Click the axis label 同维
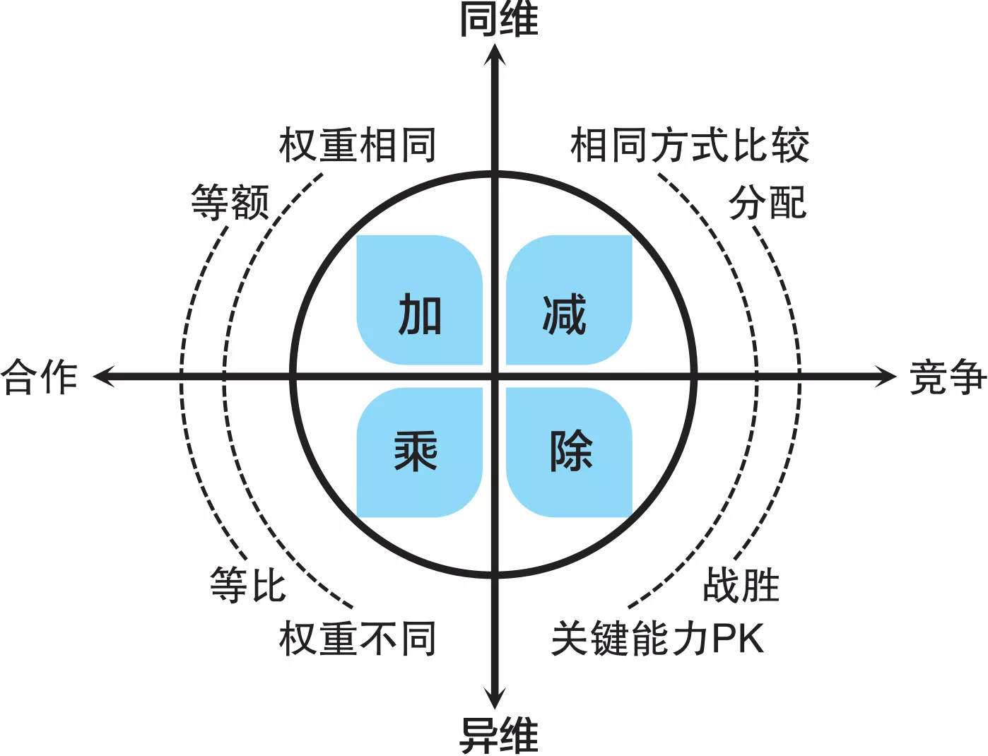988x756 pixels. coord(498,19)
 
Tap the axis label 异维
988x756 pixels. coord(498,735)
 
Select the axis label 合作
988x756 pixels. coord(40,377)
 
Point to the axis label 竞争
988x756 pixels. coord(947,377)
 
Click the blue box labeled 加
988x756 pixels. coord(420,300)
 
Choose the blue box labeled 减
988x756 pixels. coord(569,300)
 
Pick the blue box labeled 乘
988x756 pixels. coord(420,452)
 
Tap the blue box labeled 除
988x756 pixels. coord(569,452)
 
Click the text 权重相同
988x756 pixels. coord(358,146)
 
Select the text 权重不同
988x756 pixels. coord(358,639)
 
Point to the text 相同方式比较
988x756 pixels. coord(690,146)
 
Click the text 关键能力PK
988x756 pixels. coord(658,639)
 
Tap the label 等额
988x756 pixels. coord(230,202)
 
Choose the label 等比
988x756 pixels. coord(248,585)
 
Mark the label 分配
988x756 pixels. coord(768,202)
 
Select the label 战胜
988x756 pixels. coord(741,585)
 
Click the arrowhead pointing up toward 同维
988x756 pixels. coord(495,54)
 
